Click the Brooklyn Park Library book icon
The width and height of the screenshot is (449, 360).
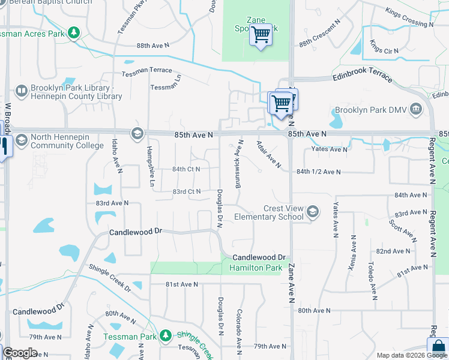[22, 91]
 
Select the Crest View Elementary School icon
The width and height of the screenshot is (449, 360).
[312, 211]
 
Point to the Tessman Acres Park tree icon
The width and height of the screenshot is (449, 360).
[74, 33]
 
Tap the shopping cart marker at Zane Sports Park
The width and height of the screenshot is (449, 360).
[261, 35]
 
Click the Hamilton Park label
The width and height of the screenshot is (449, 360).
[255, 268]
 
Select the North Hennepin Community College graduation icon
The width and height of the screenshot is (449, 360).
[22, 140]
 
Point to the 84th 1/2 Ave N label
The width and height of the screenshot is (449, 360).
[318, 172]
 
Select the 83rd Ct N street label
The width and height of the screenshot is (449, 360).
[186, 191]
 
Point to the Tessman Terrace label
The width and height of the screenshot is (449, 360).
[146, 71]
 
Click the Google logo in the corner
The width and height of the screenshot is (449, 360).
[20, 353]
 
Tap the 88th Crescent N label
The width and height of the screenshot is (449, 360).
[320, 40]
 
